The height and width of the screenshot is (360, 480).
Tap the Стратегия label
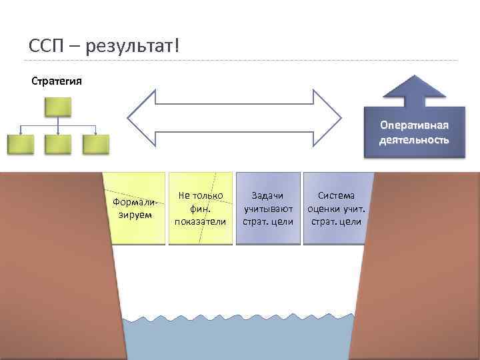[57, 81]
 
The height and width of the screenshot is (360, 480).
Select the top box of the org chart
[57, 106]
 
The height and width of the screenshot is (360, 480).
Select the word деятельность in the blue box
[414, 140]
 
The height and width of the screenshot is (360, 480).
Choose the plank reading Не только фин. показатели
[200, 208]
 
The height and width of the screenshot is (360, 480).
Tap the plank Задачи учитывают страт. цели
[267, 208]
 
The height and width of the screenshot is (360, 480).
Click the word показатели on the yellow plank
[200, 221]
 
